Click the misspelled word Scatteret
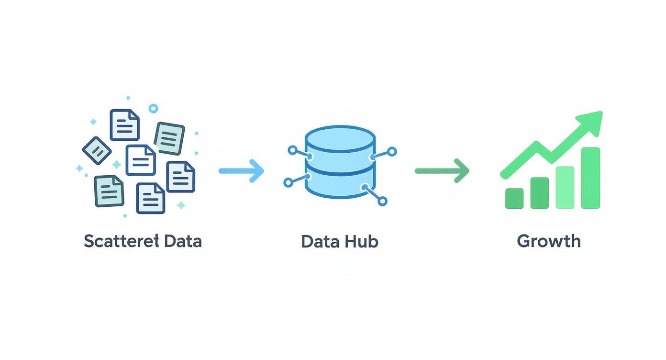tap(121, 241)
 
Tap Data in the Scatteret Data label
tap(183, 241)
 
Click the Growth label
tap(549, 241)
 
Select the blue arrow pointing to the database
tap(241, 170)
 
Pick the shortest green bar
tap(514, 198)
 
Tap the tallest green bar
tap(590, 178)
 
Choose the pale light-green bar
tap(565, 187)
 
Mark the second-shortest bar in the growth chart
tap(540, 193)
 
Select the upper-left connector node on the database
tap(292, 150)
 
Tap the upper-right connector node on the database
tap(391, 152)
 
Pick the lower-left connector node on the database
tap(288, 182)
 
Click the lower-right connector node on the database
tap(382, 201)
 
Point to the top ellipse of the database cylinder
tap(340, 136)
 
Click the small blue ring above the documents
tap(153, 109)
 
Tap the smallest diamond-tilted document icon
tap(97, 151)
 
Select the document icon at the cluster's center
tap(141, 159)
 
